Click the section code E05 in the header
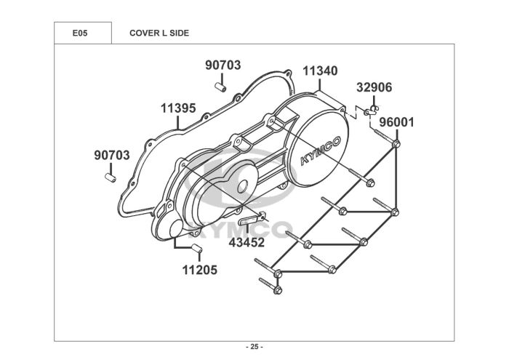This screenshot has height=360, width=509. pyautogui.click(x=80, y=33)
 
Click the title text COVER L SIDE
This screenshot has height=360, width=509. pyautogui.click(x=159, y=33)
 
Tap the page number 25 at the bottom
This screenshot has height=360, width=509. pyautogui.click(x=254, y=346)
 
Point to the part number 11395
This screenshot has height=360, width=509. pyautogui.click(x=178, y=108)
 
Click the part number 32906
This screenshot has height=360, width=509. pyautogui.click(x=374, y=87)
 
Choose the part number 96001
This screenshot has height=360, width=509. pyautogui.click(x=396, y=122)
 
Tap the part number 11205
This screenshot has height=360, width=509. pyautogui.click(x=199, y=270)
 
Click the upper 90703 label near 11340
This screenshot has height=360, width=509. pyautogui.click(x=223, y=65)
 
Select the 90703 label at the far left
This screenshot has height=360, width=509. pyautogui.click(x=112, y=155)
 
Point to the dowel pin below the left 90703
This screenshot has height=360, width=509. pyautogui.click(x=111, y=177)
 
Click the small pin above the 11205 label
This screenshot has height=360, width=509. pyautogui.click(x=196, y=249)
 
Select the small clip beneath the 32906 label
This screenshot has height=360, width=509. pyautogui.click(x=372, y=110)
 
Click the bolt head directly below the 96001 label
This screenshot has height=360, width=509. pyautogui.click(x=396, y=145)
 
